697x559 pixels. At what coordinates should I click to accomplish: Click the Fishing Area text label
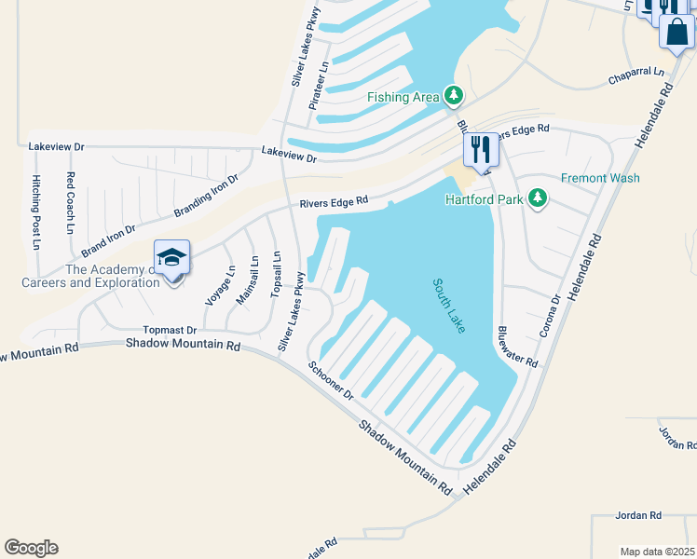coord(404,97)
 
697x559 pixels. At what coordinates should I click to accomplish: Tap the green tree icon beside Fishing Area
coord(454,95)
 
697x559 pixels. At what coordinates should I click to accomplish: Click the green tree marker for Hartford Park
coord(537,198)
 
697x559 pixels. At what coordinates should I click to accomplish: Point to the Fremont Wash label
coord(600,178)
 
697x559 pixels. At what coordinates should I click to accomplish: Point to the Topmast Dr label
coord(171,330)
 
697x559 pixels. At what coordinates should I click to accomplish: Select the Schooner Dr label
coord(332,381)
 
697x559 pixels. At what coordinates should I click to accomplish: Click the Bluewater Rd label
coord(518,345)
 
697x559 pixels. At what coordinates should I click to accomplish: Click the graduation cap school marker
coord(172,258)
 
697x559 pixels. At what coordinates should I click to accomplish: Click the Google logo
coord(31,548)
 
